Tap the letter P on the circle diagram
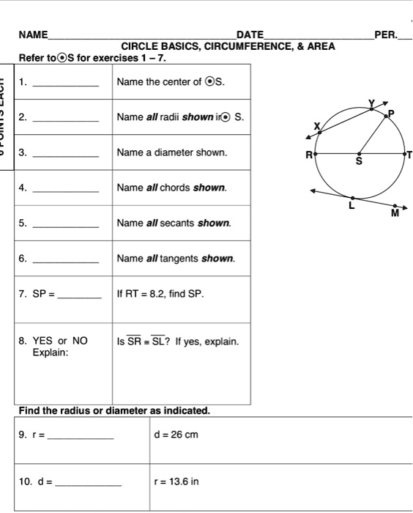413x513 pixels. pyautogui.click(x=391, y=113)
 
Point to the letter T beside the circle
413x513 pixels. pyautogui.click(x=409, y=155)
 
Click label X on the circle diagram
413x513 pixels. pyautogui.click(x=317, y=127)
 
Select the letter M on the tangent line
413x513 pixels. pyautogui.click(x=395, y=213)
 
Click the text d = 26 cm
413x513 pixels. pyautogui.click(x=176, y=435)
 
